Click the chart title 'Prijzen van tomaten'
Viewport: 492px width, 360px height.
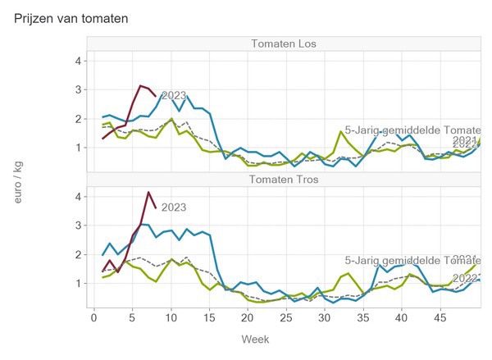tap(71, 16)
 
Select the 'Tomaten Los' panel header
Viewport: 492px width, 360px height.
tap(285, 43)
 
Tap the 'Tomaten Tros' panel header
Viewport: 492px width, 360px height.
tap(285, 180)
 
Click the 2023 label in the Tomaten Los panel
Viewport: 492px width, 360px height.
tap(173, 96)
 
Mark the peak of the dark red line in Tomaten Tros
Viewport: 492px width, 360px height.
tap(148, 192)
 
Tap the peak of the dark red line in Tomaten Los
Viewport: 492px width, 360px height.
tap(141, 85)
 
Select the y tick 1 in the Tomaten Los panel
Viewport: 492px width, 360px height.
tap(77, 148)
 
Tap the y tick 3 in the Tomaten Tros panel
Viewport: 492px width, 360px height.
tap(77, 225)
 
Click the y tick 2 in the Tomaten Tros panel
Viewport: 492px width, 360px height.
tap(77, 254)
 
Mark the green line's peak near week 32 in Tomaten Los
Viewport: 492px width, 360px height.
tap(340, 131)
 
